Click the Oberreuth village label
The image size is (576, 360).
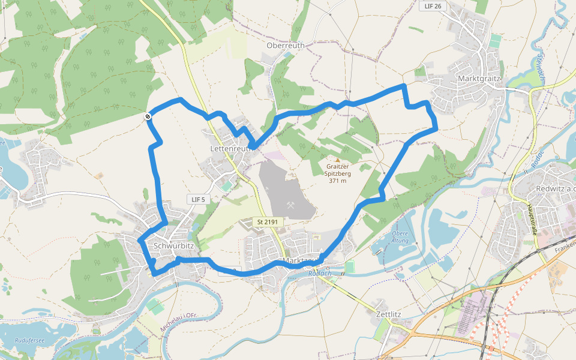pyautogui.click(x=286, y=45)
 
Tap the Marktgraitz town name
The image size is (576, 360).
pyautogui.click(x=479, y=79)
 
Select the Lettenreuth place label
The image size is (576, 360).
pyautogui.click(x=230, y=148)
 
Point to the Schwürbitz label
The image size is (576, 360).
pyautogui.click(x=173, y=246)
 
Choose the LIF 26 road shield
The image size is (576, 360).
pyautogui.click(x=432, y=6)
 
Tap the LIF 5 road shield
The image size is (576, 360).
pyautogui.click(x=198, y=199)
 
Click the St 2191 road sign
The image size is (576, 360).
pyautogui.click(x=267, y=222)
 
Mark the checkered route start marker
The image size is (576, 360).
pyautogui.click(x=148, y=116)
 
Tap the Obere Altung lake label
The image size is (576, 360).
pyautogui.click(x=400, y=237)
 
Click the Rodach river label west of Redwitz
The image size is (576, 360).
pyautogui.click(x=536, y=157)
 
